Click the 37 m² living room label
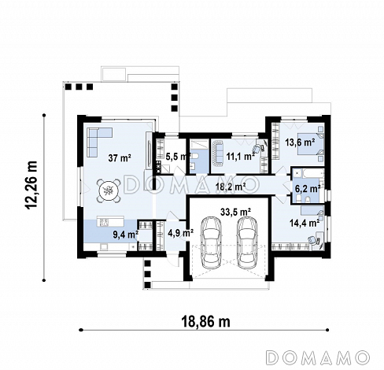point(120,158)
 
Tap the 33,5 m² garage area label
point(236,212)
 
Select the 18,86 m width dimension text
point(205,321)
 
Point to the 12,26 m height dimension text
point(31,185)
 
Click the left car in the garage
point(211,242)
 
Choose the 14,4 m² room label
point(305,223)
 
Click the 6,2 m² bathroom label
point(308,188)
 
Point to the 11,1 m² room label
point(241,157)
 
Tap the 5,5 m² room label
point(178,157)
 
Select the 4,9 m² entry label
point(180,233)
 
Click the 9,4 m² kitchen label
point(126,235)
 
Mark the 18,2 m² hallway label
point(231,187)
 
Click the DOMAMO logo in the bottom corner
point(318,357)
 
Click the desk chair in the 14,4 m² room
point(313,240)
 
